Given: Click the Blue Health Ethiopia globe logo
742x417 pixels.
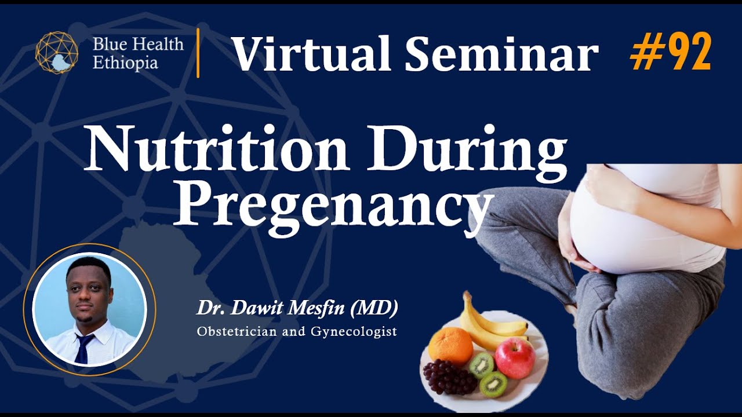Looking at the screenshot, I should click(x=57, y=53).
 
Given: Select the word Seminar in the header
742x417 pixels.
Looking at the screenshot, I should click(x=501, y=54).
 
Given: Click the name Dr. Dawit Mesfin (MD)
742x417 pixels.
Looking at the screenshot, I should click(x=297, y=308).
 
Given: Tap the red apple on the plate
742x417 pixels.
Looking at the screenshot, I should click(x=515, y=357).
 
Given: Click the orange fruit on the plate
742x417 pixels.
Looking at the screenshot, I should click(x=450, y=346).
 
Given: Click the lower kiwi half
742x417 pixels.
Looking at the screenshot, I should click(x=493, y=384).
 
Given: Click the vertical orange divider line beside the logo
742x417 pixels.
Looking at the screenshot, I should click(x=198, y=53).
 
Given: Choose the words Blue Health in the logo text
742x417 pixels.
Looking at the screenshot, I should click(x=138, y=45).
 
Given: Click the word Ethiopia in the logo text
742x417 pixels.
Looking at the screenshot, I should click(x=125, y=63).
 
